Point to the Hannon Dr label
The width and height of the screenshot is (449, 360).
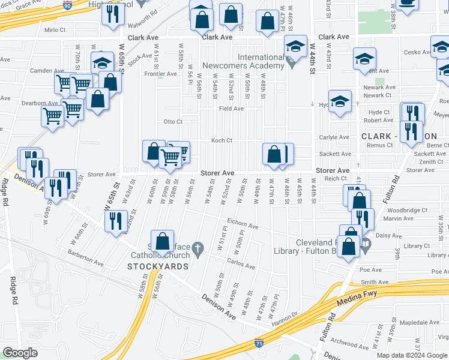coord(287,316)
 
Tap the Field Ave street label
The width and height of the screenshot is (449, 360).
coord(231,109)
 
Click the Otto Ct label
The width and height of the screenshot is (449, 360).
coord(173,122)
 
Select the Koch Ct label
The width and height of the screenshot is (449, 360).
coord(221,141)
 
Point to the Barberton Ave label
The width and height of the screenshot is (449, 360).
coord(86,260)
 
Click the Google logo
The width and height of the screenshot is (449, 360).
coord(20,353)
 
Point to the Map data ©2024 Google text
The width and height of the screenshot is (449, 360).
coord(412,355)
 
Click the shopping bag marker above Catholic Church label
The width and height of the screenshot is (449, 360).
coord(162,242)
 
